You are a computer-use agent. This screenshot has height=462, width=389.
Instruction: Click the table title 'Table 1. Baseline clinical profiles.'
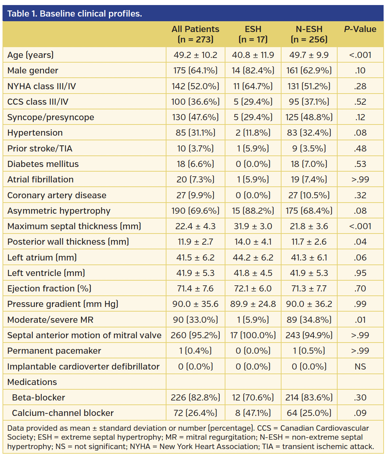pyautogui.click(x=74, y=14)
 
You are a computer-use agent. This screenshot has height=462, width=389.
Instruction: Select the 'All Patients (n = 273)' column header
pyautogui.click(x=195, y=34)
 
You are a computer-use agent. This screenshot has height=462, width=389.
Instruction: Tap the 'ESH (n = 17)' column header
pyautogui.click(x=253, y=34)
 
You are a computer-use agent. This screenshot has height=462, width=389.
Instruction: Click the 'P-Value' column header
pyautogui.click(x=360, y=29)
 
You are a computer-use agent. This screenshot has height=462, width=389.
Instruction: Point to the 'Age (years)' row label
pyautogui.click(x=31, y=55)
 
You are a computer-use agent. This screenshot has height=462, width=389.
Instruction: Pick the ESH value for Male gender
pyautogui.click(x=253, y=71)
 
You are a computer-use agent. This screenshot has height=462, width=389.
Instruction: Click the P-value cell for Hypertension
pyautogui.click(x=360, y=133)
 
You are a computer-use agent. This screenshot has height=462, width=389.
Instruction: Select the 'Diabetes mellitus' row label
pyautogui.click(x=43, y=164)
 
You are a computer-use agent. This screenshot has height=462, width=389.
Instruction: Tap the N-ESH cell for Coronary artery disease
pyautogui.click(x=309, y=195)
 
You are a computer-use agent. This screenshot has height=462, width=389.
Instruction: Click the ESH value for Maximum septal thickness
pyautogui.click(x=253, y=226)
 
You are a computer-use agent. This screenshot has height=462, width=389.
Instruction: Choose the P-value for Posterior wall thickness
pyautogui.click(x=360, y=242)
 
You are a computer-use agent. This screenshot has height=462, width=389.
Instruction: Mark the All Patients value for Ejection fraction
pyautogui.click(x=195, y=289)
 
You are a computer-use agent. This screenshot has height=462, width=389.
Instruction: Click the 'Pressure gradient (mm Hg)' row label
pyautogui.click(x=63, y=304)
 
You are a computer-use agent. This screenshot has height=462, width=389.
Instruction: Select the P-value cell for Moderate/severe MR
pyautogui.click(x=360, y=320)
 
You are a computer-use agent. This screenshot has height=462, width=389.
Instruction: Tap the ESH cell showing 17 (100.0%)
pyautogui.click(x=253, y=335)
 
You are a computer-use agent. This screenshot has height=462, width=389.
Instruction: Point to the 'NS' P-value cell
pyautogui.click(x=360, y=367)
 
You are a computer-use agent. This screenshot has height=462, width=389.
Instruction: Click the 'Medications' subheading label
pyautogui.click(x=32, y=382)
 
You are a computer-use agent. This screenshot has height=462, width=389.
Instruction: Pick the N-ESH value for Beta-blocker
pyautogui.click(x=309, y=398)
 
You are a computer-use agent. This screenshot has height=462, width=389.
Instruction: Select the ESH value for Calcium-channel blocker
pyautogui.click(x=253, y=413)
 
